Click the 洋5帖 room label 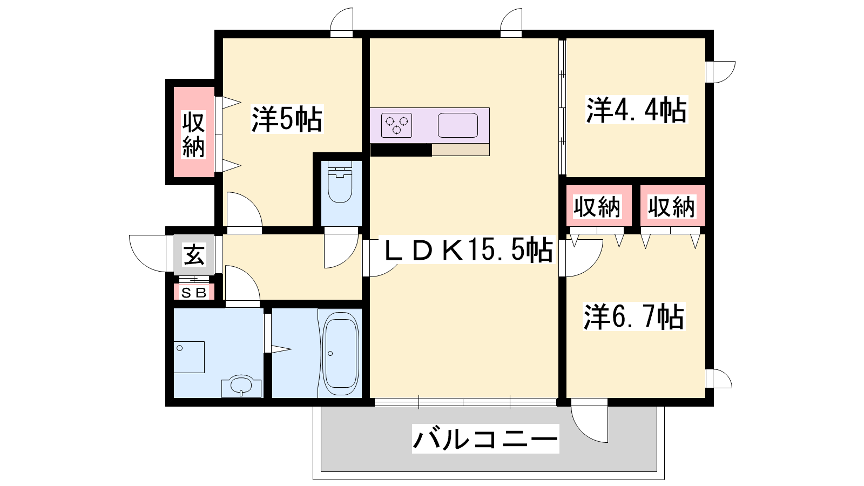[x=287, y=119]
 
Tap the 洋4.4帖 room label [x=637, y=110]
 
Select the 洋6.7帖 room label [x=634, y=316]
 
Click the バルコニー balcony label [x=485, y=438]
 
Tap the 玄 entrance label [x=194, y=254]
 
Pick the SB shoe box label [x=194, y=293]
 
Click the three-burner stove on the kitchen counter [x=396, y=125]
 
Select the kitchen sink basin [x=458, y=125]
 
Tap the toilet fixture [x=340, y=181]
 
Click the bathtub [x=341, y=354]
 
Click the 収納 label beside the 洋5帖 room [x=193, y=134]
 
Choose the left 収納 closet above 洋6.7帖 [x=597, y=207]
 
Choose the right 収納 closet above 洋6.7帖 [x=672, y=207]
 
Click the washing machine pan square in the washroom [x=188, y=357]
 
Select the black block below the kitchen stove [x=401, y=150]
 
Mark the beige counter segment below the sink [x=461, y=150]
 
